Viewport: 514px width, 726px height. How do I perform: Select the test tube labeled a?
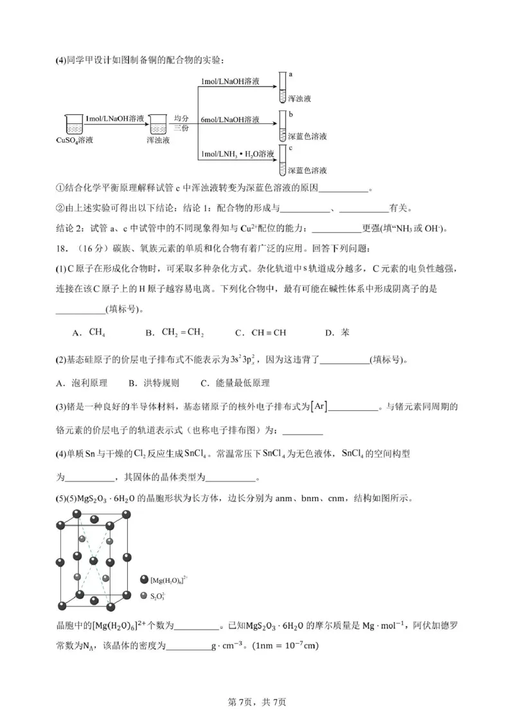coord(281,88)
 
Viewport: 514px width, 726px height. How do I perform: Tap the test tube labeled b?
coord(281,126)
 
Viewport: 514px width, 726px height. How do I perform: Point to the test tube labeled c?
coord(281,160)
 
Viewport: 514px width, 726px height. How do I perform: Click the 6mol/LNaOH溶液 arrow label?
coord(230,120)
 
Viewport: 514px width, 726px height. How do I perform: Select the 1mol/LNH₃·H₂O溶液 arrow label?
coord(237,154)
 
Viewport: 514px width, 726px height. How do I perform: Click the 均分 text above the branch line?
coord(181,119)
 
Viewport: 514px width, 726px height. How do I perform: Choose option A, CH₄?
coord(91,333)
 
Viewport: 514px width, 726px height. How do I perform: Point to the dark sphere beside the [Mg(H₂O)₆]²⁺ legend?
coord(144,580)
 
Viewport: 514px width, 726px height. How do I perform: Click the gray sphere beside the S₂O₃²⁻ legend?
coord(144,596)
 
